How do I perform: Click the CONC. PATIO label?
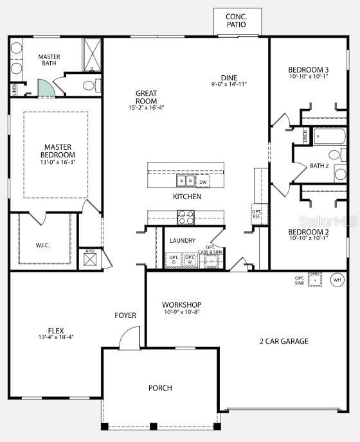(x=235, y=20)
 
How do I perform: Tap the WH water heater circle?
(x=337, y=279)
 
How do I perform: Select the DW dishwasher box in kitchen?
(x=203, y=182)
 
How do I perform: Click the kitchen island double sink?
(x=186, y=181)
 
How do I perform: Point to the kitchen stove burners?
(x=186, y=218)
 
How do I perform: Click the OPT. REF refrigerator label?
(x=256, y=213)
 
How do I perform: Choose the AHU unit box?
(x=90, y=259)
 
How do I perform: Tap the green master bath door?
(x=46, y=88)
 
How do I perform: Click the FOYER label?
(x=125, y=315)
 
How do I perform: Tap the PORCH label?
(x=160, y=388)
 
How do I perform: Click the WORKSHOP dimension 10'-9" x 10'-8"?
(x=181, y=313)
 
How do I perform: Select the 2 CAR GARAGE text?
(x=283, y=341)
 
